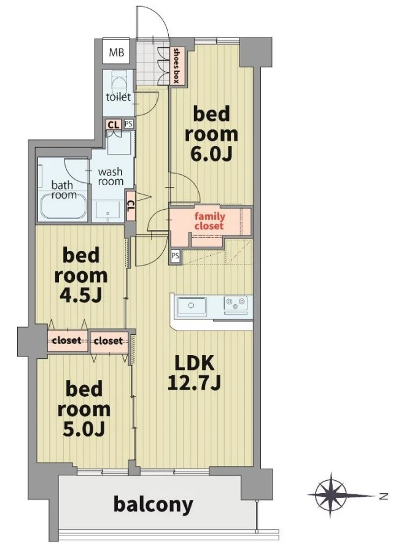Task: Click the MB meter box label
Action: pyautogui.click(x=116, y=53)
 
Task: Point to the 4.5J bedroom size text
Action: pyautogui.click(x=80, y=296)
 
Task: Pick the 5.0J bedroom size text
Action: pyautogui.click(x=84, y=429)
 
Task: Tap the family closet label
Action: pyautogui.click(x=209, y=221)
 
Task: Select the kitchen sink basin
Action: pyautogui.click(x=192, y=305)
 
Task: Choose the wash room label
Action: pyautogui.click(x=111, y=177)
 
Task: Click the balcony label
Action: pyautogui.click(x=153, y=505)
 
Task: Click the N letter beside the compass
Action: pyautogui.click(x=383, y=497)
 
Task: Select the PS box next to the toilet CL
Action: pyautogui.click(x=129, y=124)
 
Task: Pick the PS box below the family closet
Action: pyautogui.click(x=175, y=256)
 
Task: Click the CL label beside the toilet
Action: pyautogui.click(x=113, y=125)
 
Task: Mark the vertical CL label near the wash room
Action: pyautogui.click(x=130, y=205)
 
